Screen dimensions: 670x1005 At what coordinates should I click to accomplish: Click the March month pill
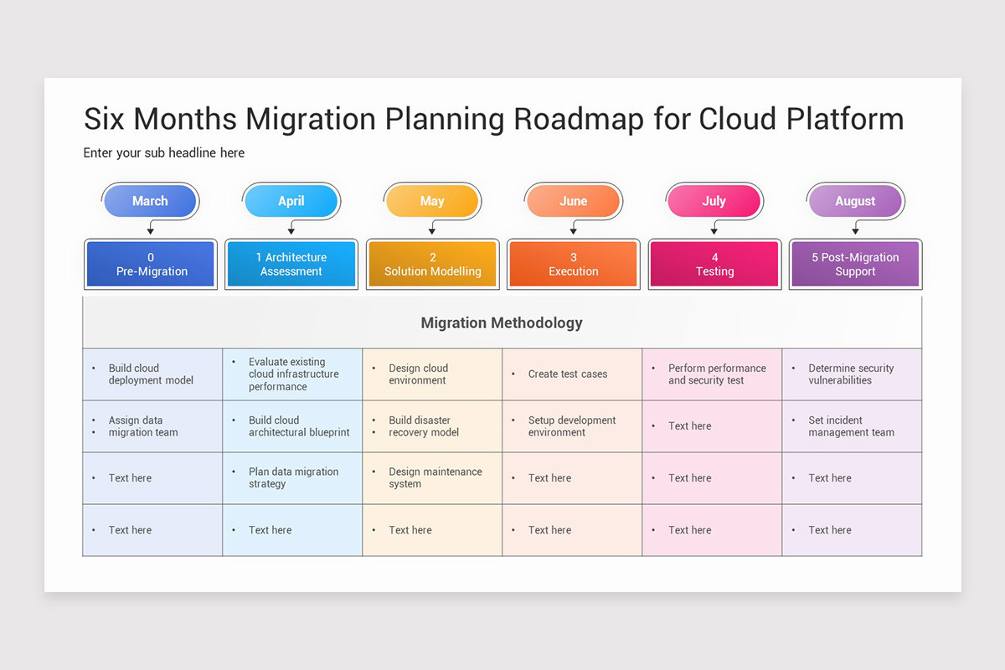(150, 201)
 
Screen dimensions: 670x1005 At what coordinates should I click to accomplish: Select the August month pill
(855, 201)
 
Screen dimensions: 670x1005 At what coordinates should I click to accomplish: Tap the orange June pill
(574, 201)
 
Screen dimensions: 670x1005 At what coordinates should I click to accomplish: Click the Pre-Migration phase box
(151, 264)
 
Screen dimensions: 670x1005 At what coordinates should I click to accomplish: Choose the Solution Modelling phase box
(432, 264)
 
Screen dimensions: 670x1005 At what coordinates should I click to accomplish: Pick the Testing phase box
(714, 264)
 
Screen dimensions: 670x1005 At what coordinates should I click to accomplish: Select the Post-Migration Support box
(855, 264)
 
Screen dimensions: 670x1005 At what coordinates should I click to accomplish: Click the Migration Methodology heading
(502, 322)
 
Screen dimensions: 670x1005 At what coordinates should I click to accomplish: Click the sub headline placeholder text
(164, 152)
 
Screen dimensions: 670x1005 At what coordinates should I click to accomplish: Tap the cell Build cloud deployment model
(151, 374)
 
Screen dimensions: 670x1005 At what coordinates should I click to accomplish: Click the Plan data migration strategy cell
(293, 477)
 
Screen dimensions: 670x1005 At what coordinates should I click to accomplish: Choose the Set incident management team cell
(851, 426)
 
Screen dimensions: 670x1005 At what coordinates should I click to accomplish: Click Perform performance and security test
(717, 374)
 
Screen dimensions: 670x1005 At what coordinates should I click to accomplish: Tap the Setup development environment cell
(571, 426)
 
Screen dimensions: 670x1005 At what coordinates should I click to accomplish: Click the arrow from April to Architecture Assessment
(291, 227)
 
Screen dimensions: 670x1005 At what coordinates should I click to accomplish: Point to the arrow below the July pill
(714, 227)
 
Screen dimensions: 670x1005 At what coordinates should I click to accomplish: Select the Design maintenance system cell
(435, 477)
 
